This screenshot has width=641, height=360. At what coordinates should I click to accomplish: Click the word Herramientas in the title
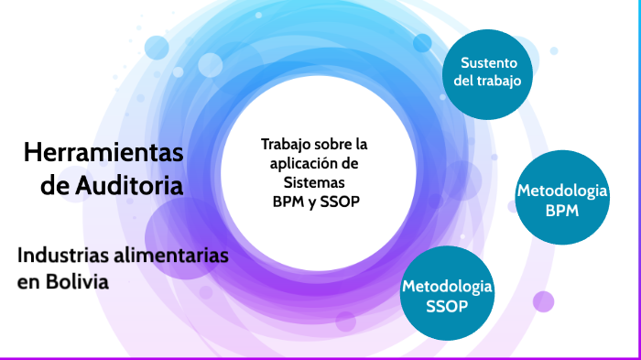click(103, 152)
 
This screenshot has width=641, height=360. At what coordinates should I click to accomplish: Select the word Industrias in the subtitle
click(62, 256)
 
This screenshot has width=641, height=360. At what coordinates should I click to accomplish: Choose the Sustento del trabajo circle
click(487, 73)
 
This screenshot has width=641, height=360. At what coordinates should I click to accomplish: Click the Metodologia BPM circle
click(562, 201)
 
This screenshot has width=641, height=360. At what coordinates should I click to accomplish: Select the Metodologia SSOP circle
click(447, 295)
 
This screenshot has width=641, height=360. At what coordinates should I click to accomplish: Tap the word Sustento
click(488, 63)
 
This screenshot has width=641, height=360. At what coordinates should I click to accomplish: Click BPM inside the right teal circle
click(562, 210)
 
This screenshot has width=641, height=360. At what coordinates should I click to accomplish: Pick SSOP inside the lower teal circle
click(447, 306)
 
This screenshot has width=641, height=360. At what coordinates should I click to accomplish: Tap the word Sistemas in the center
click(313, 181)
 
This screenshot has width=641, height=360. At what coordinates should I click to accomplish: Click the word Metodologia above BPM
click(562, 191)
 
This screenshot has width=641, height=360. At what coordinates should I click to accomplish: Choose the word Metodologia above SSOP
click(447, 287)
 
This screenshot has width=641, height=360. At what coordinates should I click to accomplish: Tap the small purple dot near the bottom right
click(544, 300)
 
